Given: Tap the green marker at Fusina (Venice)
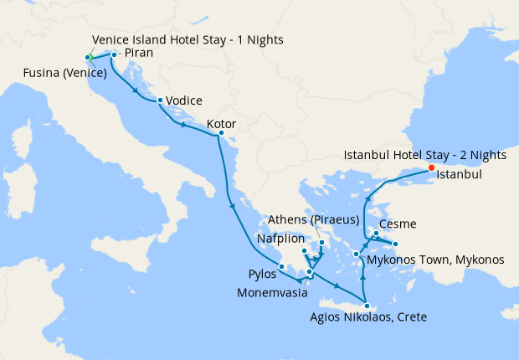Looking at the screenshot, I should [x=88, y=57].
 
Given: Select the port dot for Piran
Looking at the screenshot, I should [x=114, y=55].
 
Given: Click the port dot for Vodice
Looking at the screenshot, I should [x=159, y=100].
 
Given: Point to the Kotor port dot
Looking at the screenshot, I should [x=220, y=133].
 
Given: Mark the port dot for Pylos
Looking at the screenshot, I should [x=281, y=267].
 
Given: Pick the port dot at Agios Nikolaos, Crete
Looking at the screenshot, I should [x=367, y=306].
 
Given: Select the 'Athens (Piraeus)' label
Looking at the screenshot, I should [x=313, y=220].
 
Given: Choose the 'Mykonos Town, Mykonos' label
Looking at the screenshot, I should [x=435, y=260].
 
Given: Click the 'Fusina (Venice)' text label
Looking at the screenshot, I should [x=64, y=72].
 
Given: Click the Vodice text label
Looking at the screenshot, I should [x=184, y=100].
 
